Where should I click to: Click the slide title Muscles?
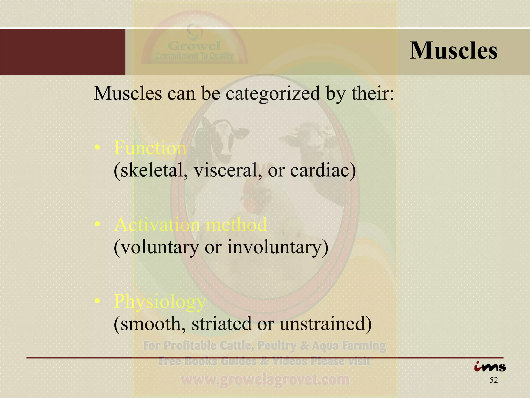coord(453,51)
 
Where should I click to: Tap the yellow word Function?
coord(150,148)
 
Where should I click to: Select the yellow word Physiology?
coord(160,302)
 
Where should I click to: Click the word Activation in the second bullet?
coord(157,225)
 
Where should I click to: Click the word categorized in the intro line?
coord(273,93)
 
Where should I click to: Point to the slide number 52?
coord(494,380)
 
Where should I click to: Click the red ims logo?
coord(490,367)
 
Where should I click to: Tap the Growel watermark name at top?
coord(195,46)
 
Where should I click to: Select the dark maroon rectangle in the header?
coord(63,52)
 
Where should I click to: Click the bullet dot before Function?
coord(97,148)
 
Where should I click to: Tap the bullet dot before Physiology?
coord(97,301)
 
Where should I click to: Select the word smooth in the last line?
coord(150,324)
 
